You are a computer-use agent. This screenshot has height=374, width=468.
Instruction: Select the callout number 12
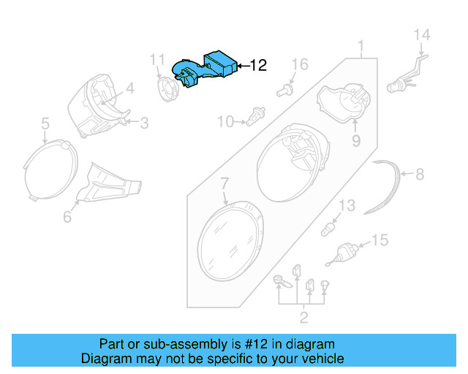[x=258, y=65]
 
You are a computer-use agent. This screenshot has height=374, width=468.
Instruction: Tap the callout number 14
[x=423, y=34]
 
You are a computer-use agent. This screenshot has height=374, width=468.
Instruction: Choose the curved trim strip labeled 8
[x=392, y=188]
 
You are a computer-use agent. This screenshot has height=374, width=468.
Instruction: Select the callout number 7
[x=224, y=181]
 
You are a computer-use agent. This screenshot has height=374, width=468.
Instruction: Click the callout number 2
[x=303, y=317]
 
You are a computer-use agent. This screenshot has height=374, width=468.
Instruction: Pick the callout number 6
[x=67, y=217]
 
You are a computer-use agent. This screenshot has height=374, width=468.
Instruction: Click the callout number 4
[x=129, y=90]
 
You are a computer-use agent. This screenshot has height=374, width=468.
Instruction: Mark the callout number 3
[x=143, y=123]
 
